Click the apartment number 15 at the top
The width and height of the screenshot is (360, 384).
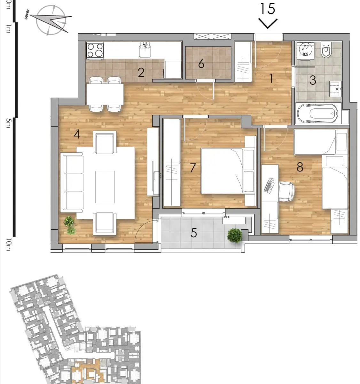[x=268, y=9]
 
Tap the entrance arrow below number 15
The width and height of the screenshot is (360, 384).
[x=268, y=24]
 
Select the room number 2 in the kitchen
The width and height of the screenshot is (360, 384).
[x=141, y=73]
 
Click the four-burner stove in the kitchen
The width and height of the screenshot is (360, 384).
[x=95, y=50]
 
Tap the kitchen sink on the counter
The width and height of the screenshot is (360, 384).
[x=145, y=50]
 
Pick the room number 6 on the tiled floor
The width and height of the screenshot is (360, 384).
[x=201, y=64]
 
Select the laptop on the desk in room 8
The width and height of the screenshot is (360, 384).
[x=269, y=186]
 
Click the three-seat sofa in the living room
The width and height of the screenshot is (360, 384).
[x=72, y=182]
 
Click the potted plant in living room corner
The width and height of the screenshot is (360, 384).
[x=69, y=224]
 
